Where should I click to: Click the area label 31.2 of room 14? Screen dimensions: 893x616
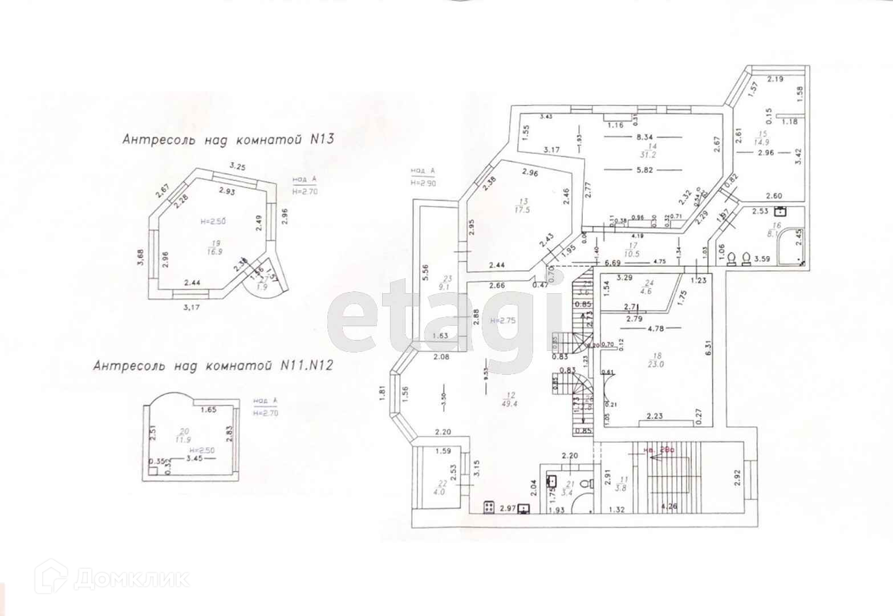click(644, 154)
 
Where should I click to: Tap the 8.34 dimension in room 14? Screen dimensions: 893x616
click(644, 137)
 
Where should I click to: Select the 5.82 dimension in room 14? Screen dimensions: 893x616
click(644, 169)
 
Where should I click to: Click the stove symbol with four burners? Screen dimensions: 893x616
click(489, 506)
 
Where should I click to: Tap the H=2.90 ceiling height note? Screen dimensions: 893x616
click(423, 183)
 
